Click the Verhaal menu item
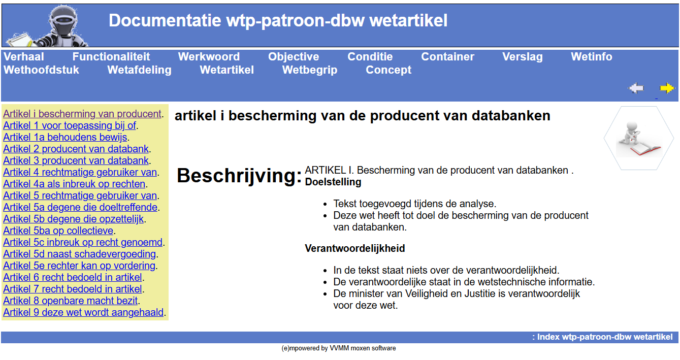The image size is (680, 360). tap(24, 57)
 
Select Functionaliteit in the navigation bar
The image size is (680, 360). tap(111, 57)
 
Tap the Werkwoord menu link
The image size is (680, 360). tap(209, 57)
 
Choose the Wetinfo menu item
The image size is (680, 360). tap(591, 57)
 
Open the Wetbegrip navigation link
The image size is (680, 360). tap(310, 70)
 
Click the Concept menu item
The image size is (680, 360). tap(388, 70)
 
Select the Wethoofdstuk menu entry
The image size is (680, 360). tap(41, 70)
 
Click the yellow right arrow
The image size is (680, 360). tap(667, 88)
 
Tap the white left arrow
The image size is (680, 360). tap(636, 88)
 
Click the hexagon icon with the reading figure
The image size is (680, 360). tap(639, 138)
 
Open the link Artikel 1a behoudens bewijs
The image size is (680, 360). tap(65, 137)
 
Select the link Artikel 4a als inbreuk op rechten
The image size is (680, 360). tap(74, 184)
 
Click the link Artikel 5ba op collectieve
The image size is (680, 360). tap(58, 231)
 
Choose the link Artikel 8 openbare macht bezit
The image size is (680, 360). tap(71, 301)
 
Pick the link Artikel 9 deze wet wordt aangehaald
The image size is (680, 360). tap(83, 312)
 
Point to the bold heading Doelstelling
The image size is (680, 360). tap(333, 182)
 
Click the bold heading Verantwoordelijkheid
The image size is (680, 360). tap(355, 249)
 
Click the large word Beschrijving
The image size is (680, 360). tap(239, 176)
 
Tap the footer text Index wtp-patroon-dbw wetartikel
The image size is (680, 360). tap(605, 337)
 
